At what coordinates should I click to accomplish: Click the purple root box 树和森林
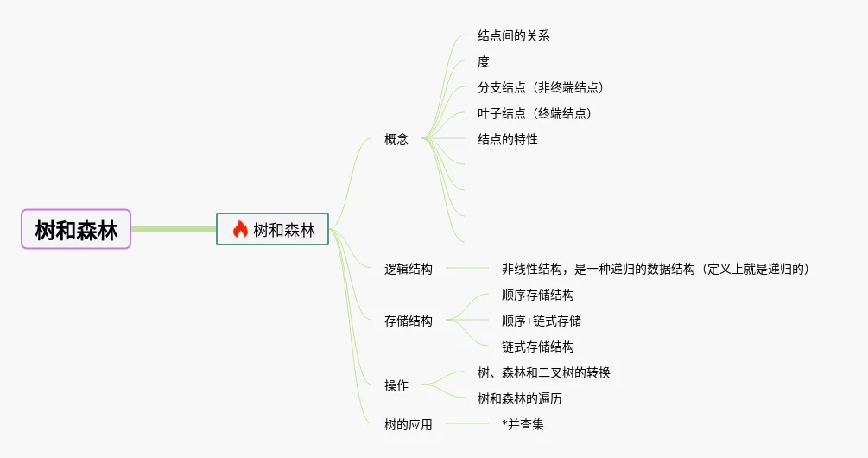tap(76, 229)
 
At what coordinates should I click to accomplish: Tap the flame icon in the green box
tap(240, 229)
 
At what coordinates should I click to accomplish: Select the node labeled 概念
tap(396, 139)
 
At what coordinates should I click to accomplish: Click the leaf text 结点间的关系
tap(513, 35)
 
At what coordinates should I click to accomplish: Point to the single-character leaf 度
tap(484, 61)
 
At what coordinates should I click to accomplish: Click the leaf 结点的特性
tap(507, 139)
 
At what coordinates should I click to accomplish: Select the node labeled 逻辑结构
tap(409, 269)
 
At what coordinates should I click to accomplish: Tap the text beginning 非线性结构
tap(657, 269)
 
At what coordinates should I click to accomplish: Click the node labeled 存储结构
tap(409, 321)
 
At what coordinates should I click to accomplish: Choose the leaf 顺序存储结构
tap(537, 295)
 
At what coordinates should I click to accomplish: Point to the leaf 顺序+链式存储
tap(541, 321)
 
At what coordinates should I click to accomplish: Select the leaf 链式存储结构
tap(537, 347)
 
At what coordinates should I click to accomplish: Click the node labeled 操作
tap(396, 385)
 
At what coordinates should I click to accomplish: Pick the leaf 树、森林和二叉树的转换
tap(544, 372)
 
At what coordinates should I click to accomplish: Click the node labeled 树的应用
tap(409, 424)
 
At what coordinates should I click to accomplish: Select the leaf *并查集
tap(523, 424)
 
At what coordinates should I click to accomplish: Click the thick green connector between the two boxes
tap(173, 229)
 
